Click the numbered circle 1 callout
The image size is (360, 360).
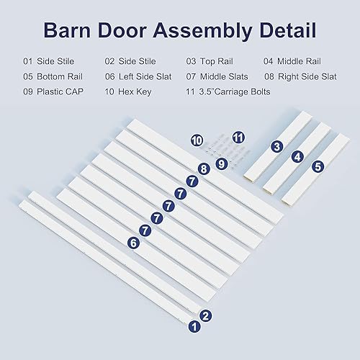(193, 326)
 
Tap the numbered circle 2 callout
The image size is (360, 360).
(205, 315)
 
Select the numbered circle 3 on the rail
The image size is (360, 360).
(276, 146)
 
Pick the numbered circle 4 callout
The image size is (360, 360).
(297, 156)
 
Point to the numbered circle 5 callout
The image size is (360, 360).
(318, 166)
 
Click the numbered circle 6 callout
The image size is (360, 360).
(133, 243)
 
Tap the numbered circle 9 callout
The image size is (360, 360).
(222, 163)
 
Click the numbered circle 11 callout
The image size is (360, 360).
(238, 136)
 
